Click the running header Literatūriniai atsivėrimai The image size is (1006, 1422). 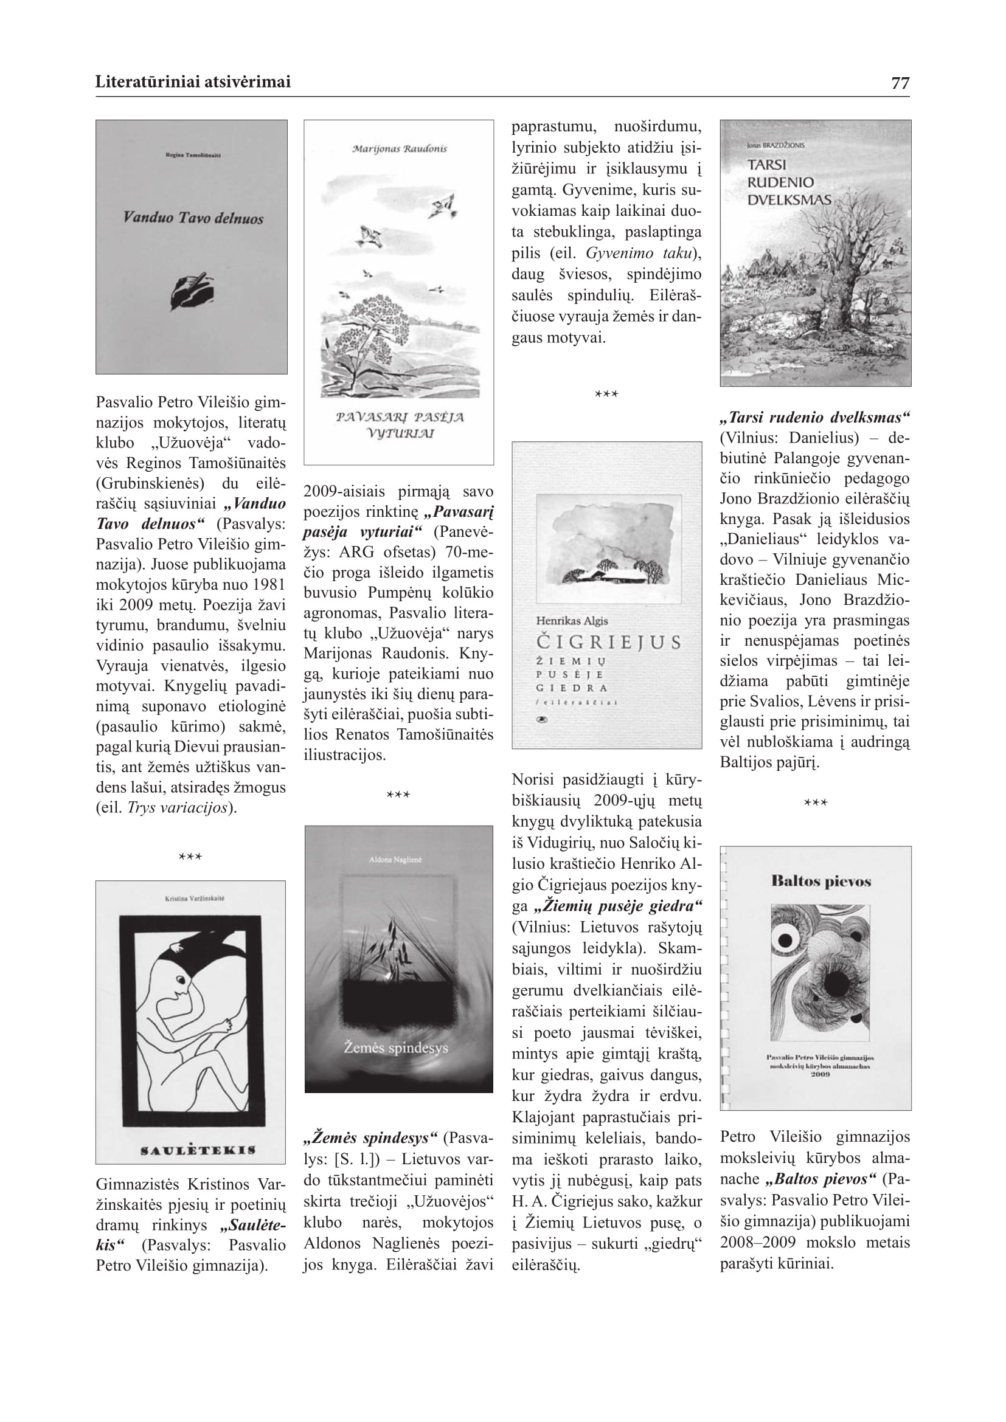click(193, 82)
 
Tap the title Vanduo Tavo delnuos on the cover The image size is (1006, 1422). click(193, 218)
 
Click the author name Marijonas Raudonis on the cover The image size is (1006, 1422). click(399, 148)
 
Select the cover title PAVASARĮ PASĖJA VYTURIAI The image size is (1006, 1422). click(400, 425)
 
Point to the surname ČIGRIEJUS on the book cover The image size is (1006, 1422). click(608, 641)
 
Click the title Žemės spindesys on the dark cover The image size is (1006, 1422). click(396, 1048)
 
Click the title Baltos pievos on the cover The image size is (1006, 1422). click(820, 881)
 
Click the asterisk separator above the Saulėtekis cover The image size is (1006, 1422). click(190, 857)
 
